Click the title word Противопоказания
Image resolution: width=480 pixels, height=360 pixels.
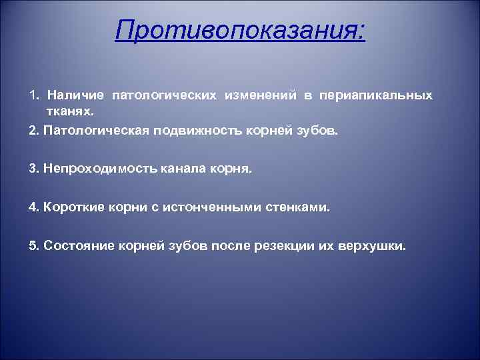239,29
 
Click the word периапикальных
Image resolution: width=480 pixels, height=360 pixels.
376,96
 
